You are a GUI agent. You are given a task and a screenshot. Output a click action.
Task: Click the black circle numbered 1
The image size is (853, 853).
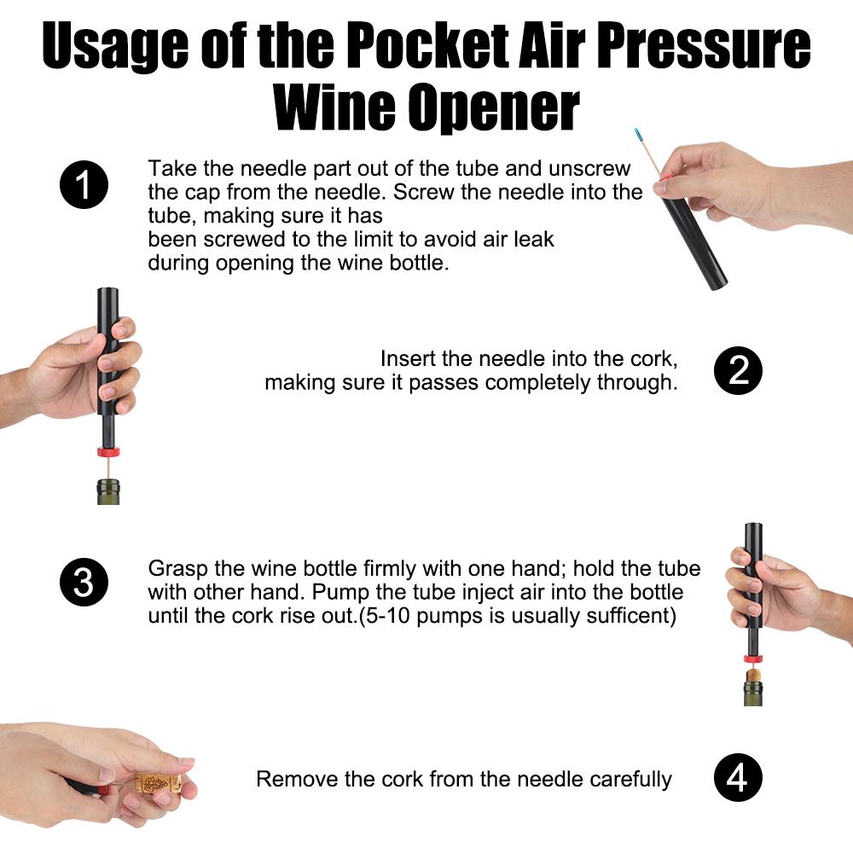click(84, 186)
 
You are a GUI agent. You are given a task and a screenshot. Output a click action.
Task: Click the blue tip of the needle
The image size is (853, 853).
click(637, 135)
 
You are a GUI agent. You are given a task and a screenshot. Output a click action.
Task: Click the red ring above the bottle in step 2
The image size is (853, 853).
click(107, 452)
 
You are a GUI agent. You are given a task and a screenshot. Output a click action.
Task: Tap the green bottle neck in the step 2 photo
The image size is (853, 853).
click(107, 491)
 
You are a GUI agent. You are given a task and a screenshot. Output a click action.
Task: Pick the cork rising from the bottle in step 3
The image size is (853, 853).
click(753, 674)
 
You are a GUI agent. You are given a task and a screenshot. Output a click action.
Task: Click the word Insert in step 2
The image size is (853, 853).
click(407, 359)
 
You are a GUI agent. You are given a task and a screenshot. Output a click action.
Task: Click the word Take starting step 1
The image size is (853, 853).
click(170, 167)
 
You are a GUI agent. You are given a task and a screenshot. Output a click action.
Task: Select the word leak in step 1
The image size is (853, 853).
click(532, 239)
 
